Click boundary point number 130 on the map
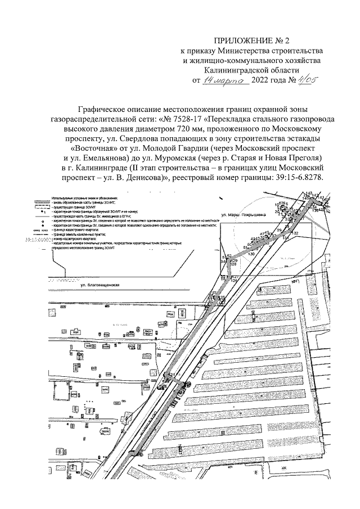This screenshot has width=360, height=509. [x=250, y=254]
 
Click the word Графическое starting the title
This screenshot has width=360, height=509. [x=102, y=110]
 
